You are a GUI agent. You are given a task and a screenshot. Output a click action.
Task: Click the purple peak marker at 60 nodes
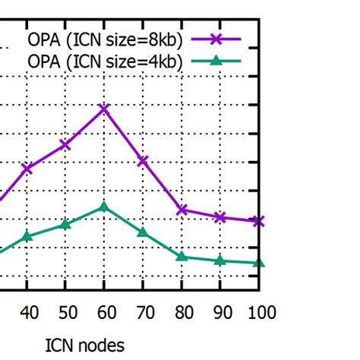[x=105, y=109]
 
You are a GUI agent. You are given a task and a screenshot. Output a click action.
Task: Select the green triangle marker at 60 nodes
[x=105, y=207]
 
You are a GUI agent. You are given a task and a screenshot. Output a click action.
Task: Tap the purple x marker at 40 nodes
[x=27, y=168]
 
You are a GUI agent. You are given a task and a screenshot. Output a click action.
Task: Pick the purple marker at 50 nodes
[x=66, y=144]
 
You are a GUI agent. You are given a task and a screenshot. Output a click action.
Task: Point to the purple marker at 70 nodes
[x=144, y=161]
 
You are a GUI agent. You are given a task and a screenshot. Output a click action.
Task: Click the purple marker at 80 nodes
[x=182, y=210]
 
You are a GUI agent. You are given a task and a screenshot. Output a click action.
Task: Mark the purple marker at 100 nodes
[x=259, y=221]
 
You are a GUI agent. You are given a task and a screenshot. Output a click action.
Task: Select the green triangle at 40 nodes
[x=27, y=236]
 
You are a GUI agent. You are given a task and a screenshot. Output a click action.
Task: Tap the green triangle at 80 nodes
[x=182, y=257]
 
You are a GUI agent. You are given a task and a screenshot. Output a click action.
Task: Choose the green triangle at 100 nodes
[x=259, y=263]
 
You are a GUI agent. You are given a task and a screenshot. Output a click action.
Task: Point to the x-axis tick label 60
[x=105, y=312]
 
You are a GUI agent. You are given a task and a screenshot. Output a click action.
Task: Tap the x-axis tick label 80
[x=182, y=312]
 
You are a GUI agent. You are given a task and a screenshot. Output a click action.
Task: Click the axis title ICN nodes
[x=84, y=346]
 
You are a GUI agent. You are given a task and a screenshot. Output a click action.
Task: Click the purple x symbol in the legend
[x=216, y=39]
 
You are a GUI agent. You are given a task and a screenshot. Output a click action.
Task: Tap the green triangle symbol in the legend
[x=216, y=61]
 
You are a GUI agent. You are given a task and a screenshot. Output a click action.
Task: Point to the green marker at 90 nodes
[x=220, y=261]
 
